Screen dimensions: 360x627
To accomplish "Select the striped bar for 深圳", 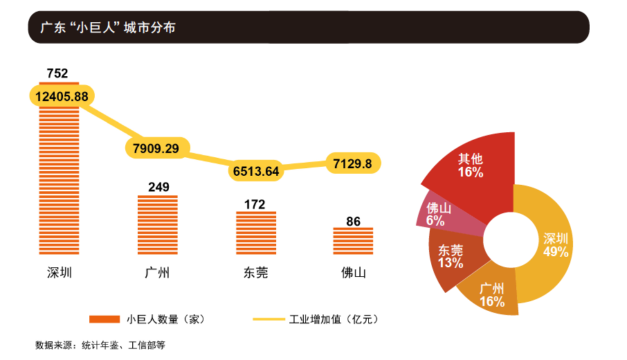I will pyautogui.click(x=59, y=180).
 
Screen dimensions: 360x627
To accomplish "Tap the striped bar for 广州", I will pyautogui.click(x=158, y=226).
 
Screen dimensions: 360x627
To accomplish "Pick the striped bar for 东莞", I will pyautogui.click(x=255, y=235).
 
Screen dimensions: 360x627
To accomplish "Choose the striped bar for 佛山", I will pyautogui.click(x=353, y=242).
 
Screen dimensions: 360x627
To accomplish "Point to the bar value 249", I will pyautogui.click(x=158, y=187).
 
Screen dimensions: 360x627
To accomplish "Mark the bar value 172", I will pyautogui.click(x=255, y=204).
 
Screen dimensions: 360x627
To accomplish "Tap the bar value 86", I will pyautogui.click(x=353, y=222).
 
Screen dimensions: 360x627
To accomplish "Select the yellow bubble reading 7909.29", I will pyautogui.click(x=157, y=148).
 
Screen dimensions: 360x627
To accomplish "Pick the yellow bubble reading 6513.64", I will pyautogui.click(x=256, y=170).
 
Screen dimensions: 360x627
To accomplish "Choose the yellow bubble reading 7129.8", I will pyautogui.click(x=352, y=163).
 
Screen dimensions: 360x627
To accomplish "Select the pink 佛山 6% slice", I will pyautogui.click(x=439, y=214).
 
